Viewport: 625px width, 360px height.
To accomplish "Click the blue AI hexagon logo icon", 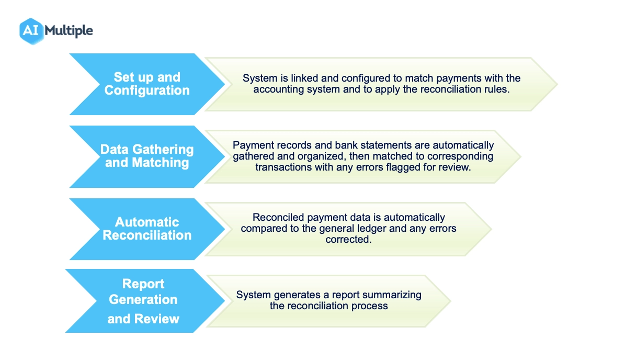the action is point(31,31).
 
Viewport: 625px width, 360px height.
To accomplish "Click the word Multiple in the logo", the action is point(69,31).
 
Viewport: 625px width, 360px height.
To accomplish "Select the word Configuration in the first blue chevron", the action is point(147,91).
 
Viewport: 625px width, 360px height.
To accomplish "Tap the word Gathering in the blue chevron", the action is point(163,149).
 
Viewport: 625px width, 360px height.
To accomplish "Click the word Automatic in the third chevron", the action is point(147,222).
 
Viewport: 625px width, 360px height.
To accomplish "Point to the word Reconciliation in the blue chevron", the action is point(147,235).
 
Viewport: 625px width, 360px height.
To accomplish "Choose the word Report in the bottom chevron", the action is point(143,284).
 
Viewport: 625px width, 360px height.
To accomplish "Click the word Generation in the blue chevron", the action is point(143,299).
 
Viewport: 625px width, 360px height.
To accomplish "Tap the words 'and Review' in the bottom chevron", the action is point(143,319).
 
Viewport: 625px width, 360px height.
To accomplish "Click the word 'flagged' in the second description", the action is point(403,167).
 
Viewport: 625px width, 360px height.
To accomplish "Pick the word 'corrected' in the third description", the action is point(348,239).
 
